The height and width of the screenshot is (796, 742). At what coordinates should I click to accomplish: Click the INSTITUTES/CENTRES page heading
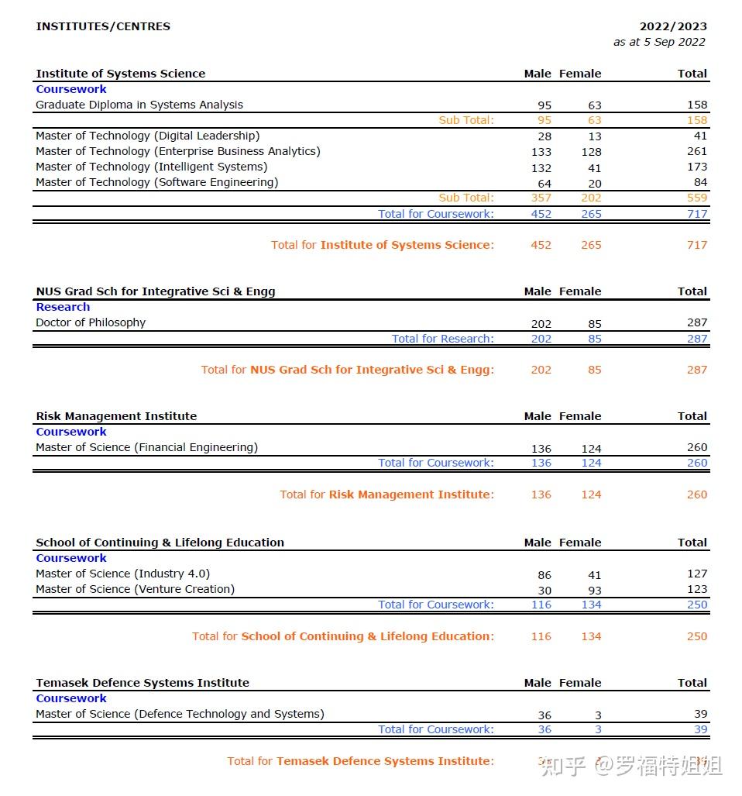click(103, 26)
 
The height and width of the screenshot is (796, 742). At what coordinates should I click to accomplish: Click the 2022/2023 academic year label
click(672, 26)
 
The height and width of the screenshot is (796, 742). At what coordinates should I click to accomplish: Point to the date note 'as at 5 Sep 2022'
click(659, 42)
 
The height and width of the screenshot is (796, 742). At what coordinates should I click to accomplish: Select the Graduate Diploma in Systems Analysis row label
click(139, 105)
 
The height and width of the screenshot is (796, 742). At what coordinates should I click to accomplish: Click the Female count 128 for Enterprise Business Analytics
click(591, 152)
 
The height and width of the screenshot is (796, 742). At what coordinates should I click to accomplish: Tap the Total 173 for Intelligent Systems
click(696, 167)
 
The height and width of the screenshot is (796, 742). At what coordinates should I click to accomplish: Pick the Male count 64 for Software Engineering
click(544, 184)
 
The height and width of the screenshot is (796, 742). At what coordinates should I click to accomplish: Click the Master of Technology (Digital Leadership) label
click(147, 136)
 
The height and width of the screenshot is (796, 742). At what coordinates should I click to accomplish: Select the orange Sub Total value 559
click(696, 198)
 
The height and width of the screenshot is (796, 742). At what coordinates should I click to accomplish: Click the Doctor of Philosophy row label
click(91, 322)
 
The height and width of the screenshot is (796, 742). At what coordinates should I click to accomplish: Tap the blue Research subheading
click(63, 307)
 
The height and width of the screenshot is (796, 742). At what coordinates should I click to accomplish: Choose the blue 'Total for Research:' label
click(442, 339)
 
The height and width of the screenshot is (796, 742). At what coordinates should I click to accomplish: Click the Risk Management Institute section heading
click(116, 416)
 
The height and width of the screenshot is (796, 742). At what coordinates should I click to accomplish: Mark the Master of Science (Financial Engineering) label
click(146, 447)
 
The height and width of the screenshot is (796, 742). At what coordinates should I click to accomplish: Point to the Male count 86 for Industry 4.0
click(544, 575)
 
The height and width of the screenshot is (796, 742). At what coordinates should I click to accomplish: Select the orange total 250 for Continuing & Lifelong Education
click(696, 636)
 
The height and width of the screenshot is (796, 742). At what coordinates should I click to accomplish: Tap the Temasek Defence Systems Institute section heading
click(143, 683)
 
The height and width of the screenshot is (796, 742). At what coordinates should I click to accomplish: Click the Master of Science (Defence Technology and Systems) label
click(180, 714)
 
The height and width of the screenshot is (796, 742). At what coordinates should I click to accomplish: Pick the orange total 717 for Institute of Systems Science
click(696, 245)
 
